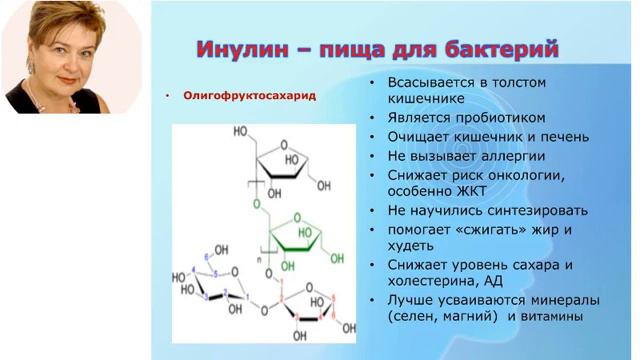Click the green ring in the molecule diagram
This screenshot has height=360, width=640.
pyautogui.click(x=295, y=239)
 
